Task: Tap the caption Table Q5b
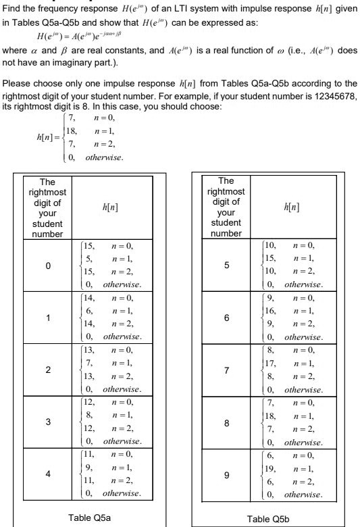269,518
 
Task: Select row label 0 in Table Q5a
47,266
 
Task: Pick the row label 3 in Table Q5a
47,422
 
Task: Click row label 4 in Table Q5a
47,474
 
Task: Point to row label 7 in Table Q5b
226,370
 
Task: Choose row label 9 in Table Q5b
226,474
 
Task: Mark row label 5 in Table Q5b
226,266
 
